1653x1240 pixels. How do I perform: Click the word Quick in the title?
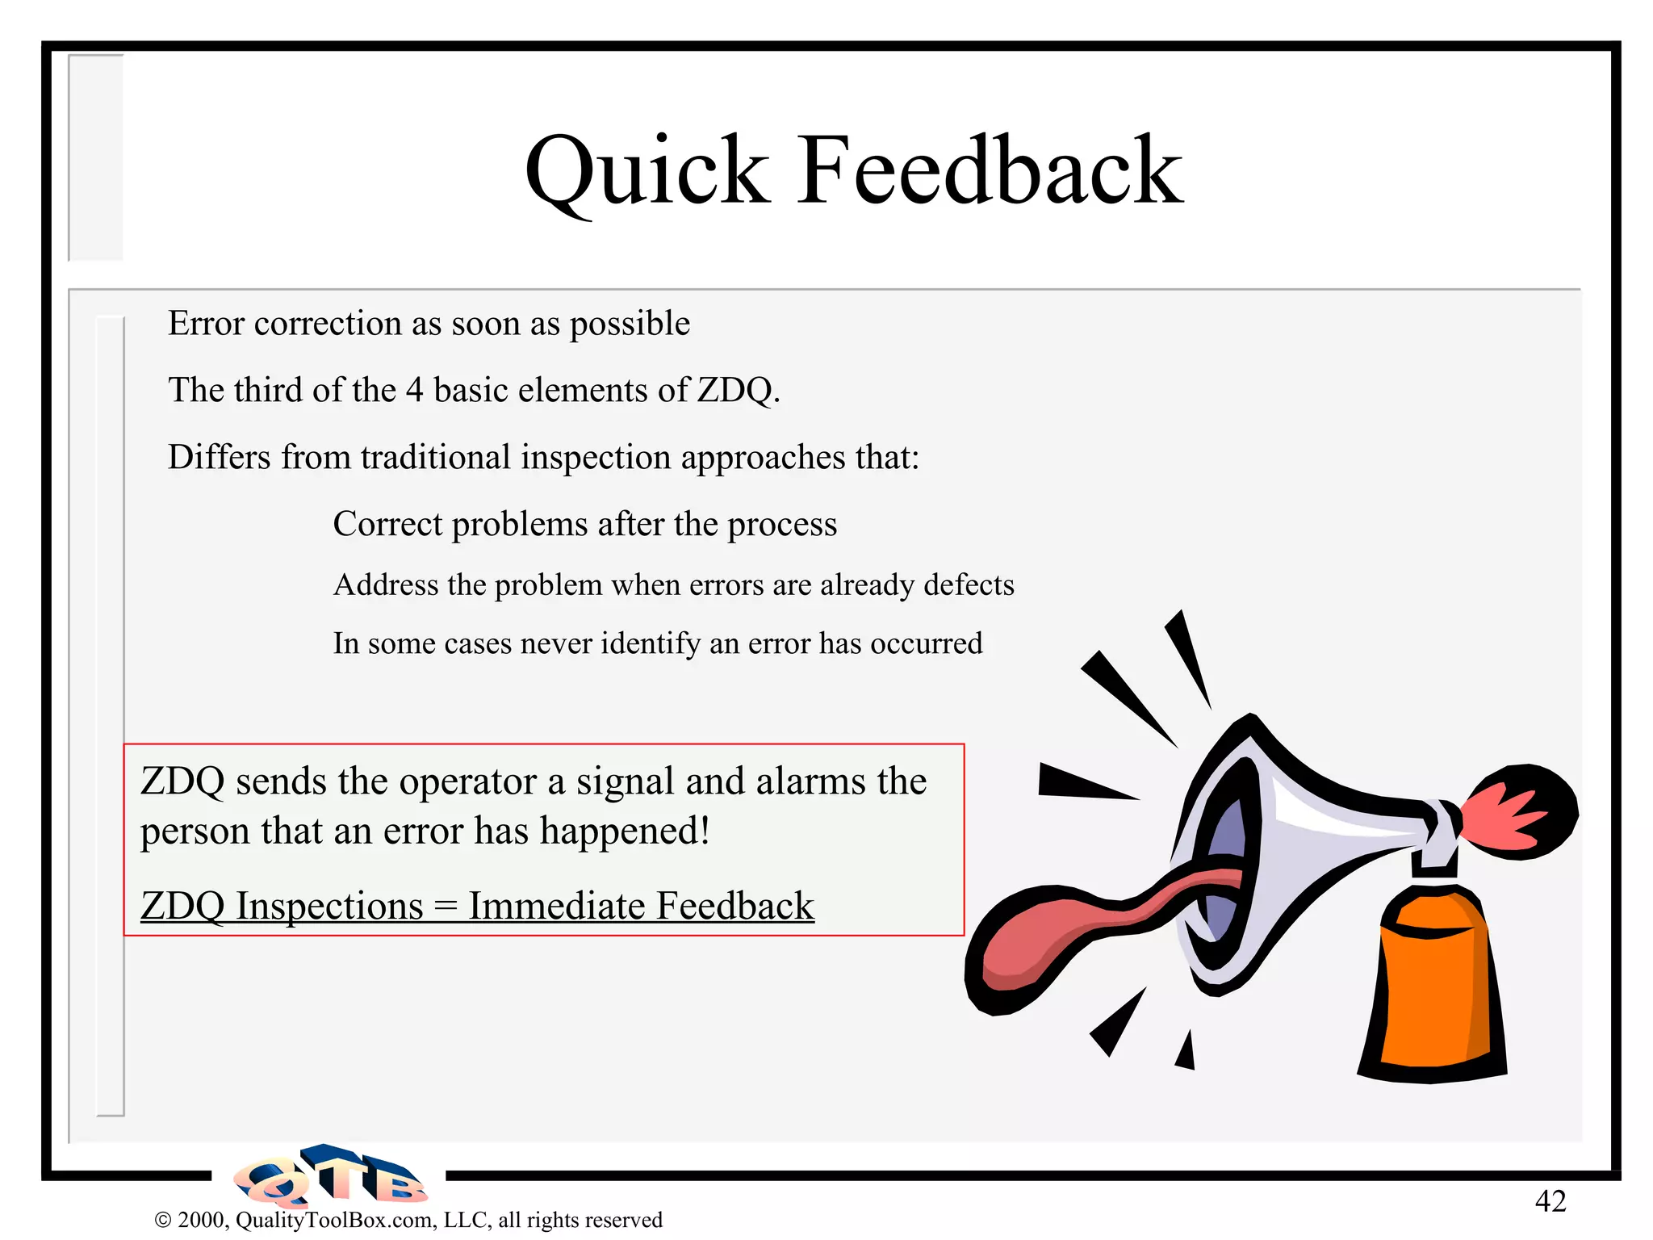[x=646, y=171]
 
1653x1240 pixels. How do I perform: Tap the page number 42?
[x=1550, y=1201]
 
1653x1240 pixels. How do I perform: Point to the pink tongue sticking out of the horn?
[x=1073, y=928]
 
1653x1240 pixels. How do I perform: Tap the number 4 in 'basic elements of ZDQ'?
[x=414, y=391]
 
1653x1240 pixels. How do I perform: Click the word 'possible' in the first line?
[x=630, y=325]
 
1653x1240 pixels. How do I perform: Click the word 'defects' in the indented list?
[x=969, y=584]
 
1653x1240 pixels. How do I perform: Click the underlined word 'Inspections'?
[x=329, y=906]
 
